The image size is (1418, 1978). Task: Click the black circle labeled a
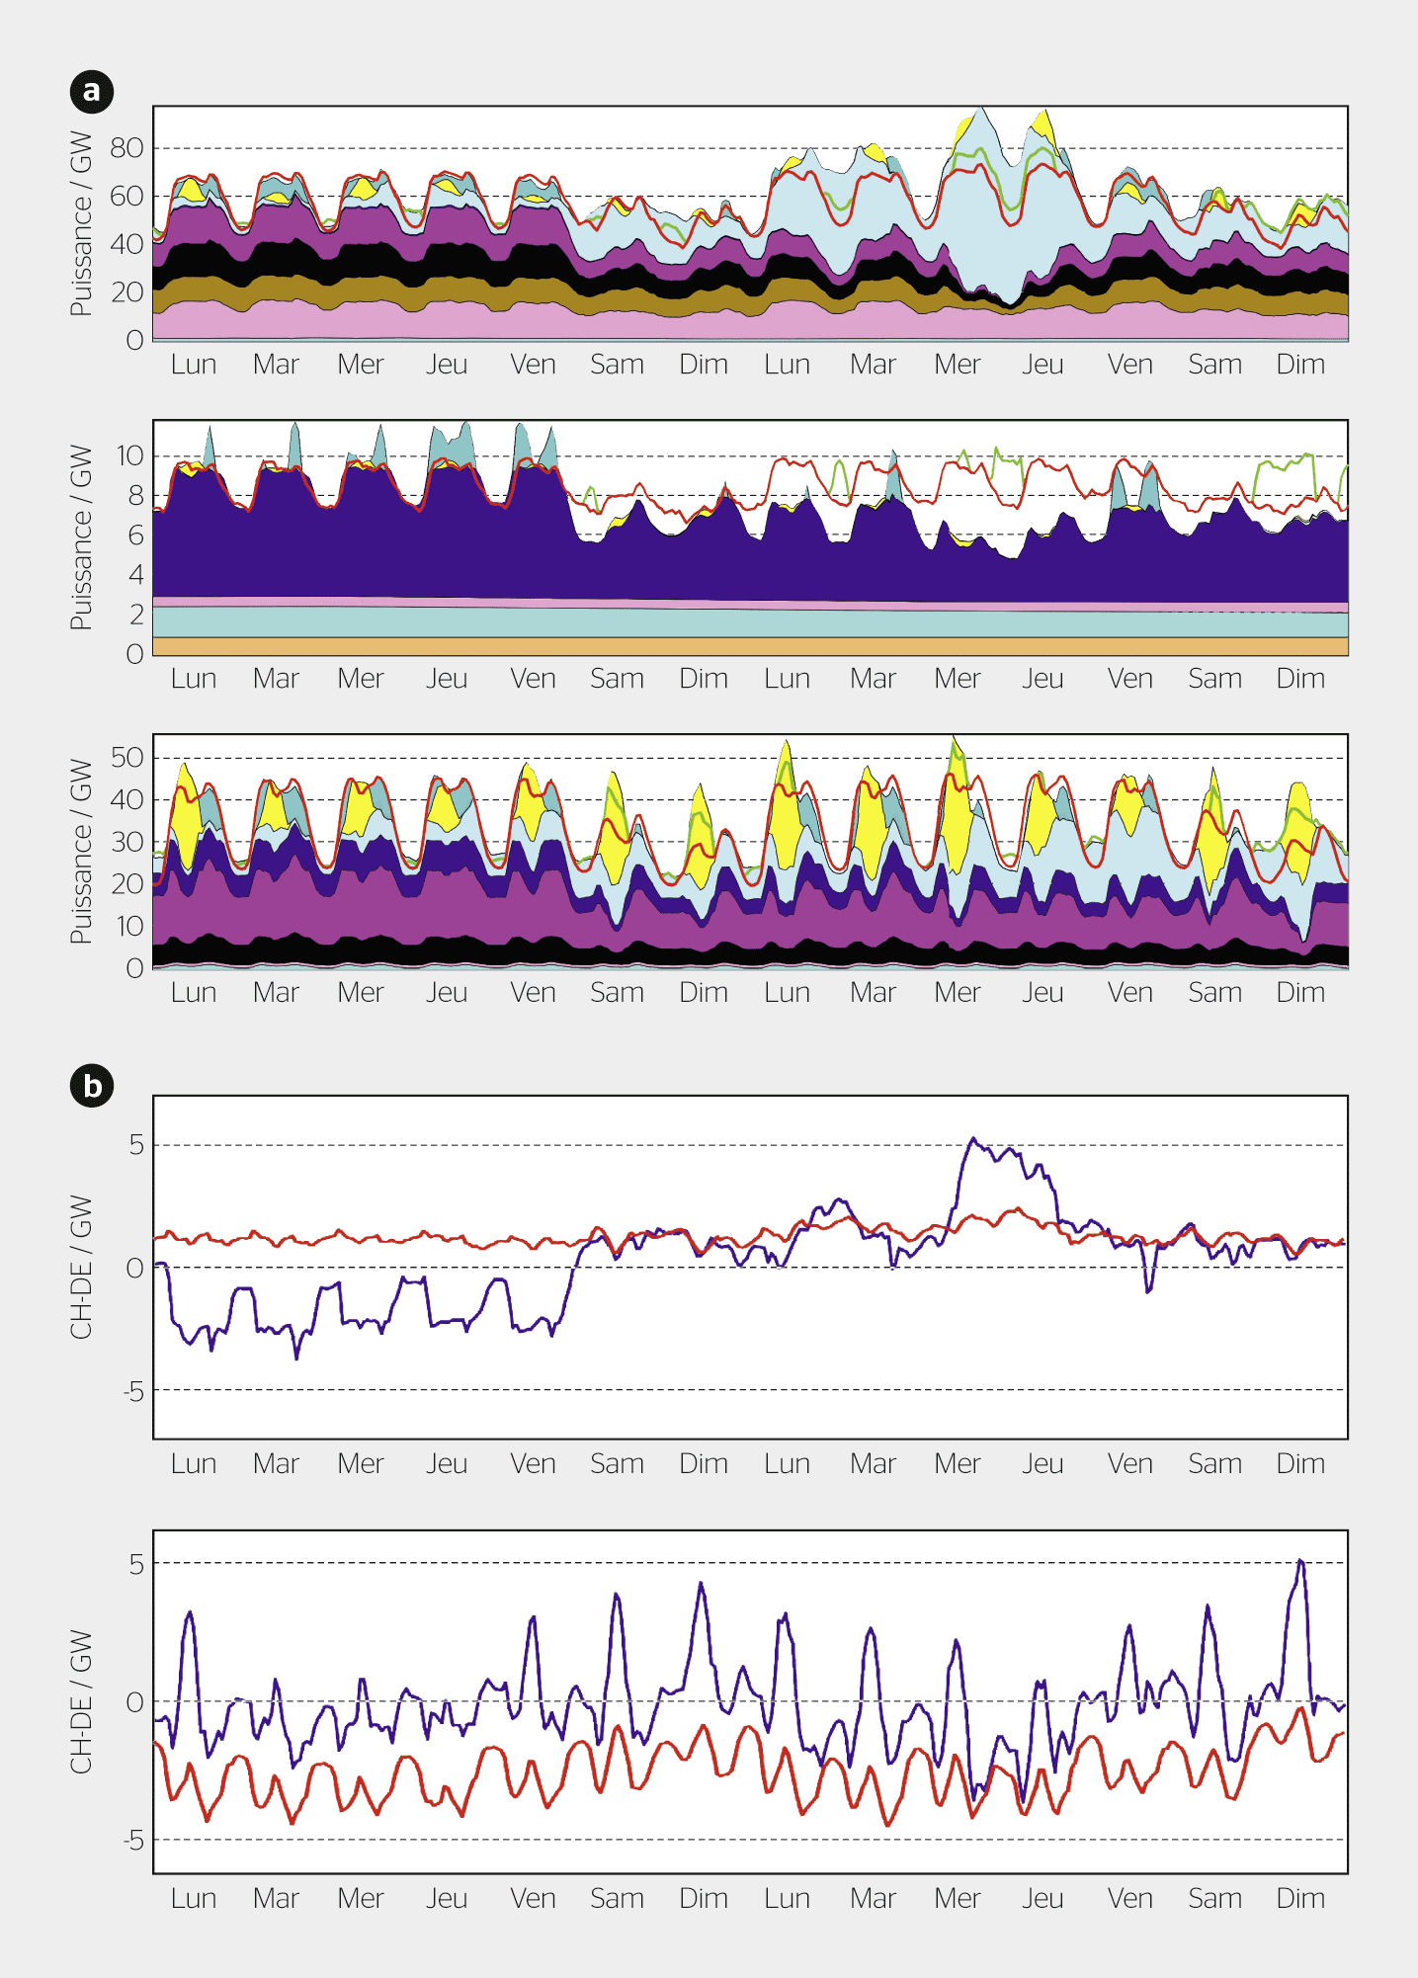[x=92, y=92]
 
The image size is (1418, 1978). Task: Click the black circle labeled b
[x=92, y=1086]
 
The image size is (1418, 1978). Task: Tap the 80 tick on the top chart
[x=126, y=148]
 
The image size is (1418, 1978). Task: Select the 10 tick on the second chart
[x=129, y=455]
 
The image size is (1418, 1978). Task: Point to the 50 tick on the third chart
[x=126, y=758]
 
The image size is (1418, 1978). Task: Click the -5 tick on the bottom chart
[x=133, y=1840]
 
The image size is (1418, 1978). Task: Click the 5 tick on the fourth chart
[x=136, y=1145]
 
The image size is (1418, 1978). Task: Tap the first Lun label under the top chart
[x=193, y=365]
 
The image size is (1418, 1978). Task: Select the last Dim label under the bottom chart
[x=1299, y=1898]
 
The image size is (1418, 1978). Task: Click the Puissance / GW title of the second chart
[x=81, y=537]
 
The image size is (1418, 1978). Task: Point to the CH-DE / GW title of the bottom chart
[x=81, y=1701]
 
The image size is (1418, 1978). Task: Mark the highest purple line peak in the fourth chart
[x=972, y=1139]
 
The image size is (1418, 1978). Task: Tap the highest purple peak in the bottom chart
[x=1300, y=1561]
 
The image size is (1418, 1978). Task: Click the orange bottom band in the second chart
[x=751, y=646]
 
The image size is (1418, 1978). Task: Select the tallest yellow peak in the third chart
[x=955, y=739]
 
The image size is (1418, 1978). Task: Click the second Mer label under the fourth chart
[x=957, y=1463]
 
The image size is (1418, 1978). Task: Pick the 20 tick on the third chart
[x=126, y=884]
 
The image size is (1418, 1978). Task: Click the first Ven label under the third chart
[x=533, y=993]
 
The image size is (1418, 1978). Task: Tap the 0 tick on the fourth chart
[x=135, y=1268]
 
